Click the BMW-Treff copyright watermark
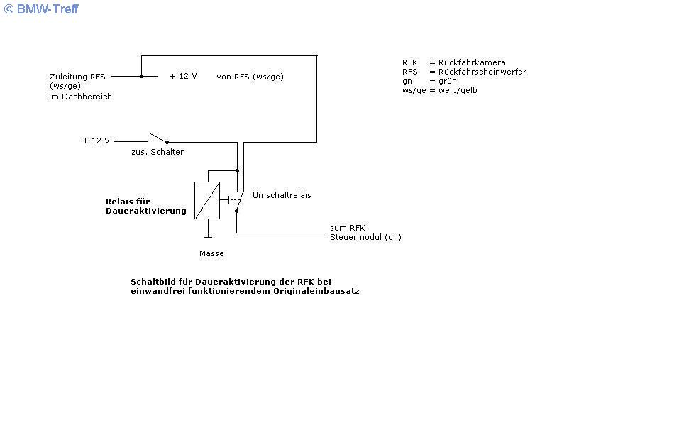tap(40, 9)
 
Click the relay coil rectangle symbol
tap(207, 200)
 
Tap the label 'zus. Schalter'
tap(157, 152)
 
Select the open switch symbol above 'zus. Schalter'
tap(158, 137)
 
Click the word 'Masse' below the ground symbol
tap(211, 253)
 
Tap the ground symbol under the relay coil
tap(207, 233)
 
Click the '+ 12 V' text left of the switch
tap(96, 141)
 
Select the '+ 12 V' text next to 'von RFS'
tap(183, 76)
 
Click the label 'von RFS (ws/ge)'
tap(250, 77)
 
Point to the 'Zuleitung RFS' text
tap(77, 77)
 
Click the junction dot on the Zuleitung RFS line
tap(141, 76)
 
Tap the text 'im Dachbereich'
tap(80, 97)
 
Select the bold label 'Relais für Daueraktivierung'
tap(145, 206)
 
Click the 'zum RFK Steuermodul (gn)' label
tap(365, 232)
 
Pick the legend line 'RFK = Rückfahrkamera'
tap(453, 62)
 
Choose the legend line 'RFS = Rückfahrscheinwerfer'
tap(464, 72)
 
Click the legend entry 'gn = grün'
tap(429, 81)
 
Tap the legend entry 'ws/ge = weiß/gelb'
tap(439, 90)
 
